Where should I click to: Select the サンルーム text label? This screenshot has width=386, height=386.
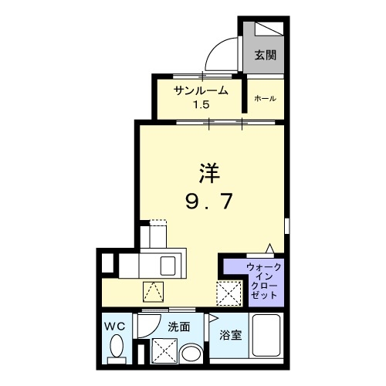click(x=200, y=90)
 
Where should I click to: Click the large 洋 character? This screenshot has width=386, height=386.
click(x=202, y=172)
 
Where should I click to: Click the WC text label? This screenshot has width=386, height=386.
click(x=115, y=327)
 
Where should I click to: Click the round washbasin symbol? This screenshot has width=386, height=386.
click(x=189, y=354)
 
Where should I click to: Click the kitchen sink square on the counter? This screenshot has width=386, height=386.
click(x=168, y=266)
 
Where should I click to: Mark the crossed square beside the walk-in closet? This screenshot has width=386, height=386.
click(x=228, y=293)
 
